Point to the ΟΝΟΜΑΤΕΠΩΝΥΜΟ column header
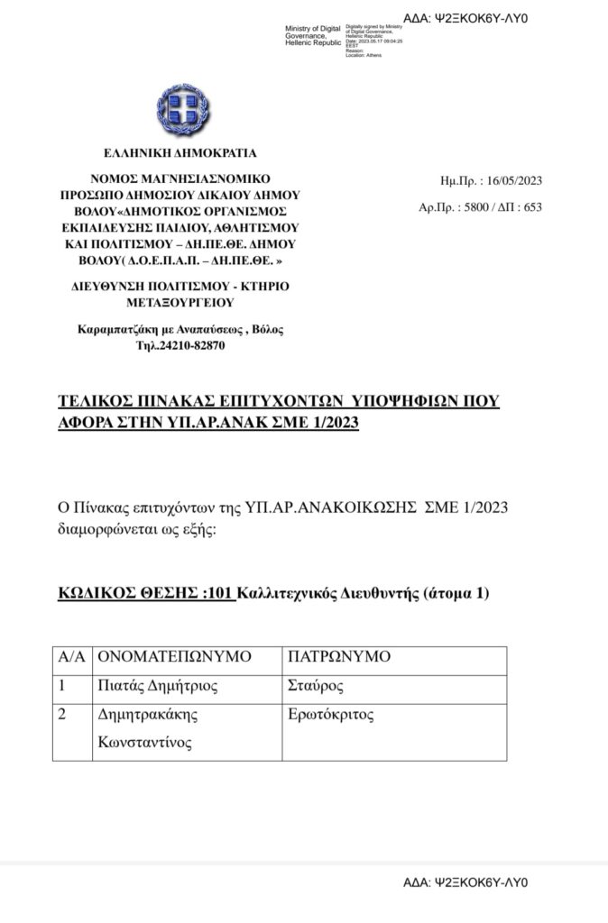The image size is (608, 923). [174, 657]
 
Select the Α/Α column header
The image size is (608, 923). [71, 657]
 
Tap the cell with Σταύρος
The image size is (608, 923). [311, 687]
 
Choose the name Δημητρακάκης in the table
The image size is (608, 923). [146, 717]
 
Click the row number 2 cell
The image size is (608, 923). [63, 717]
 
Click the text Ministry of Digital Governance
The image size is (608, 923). [312, 35]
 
